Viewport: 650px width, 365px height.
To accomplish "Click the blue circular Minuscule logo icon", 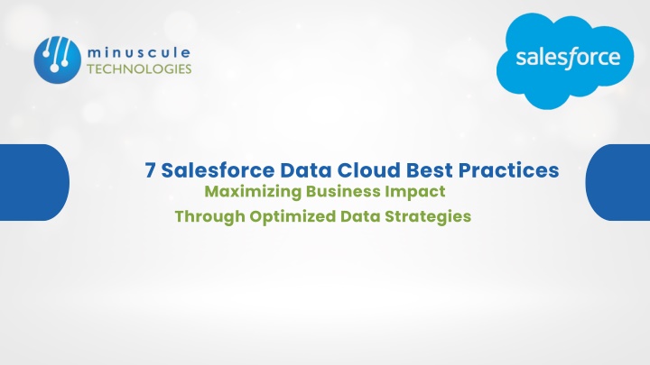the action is point(57,60).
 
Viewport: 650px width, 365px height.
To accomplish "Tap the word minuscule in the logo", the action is point(139,53).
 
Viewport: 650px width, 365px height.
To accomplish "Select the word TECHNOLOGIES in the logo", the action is point(139,68).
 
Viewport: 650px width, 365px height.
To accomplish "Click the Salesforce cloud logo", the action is point(565,61).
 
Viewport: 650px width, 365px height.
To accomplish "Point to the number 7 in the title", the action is point(150,170).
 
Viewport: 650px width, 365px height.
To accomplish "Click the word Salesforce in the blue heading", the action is point(218,170).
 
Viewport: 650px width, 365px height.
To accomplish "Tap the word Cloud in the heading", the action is point(368,170).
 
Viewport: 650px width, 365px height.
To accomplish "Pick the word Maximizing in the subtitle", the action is point(253,192).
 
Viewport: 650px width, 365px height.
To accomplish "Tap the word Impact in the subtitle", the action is point(415,192).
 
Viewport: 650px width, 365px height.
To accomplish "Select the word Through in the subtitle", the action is point(209,217).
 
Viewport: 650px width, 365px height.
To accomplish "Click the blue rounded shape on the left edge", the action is point(34,182).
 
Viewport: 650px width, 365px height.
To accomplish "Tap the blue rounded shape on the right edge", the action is point(617,182).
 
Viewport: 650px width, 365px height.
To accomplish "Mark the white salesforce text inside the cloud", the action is point(568,58).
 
